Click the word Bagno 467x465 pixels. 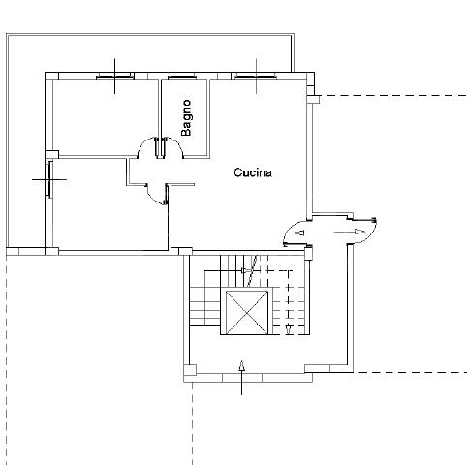(x=186, y=116)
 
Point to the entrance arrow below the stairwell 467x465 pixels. (x=241, y=377)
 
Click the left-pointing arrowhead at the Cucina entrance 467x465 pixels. (x=298, y=233)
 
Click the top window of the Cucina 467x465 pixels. (x=256, y=75)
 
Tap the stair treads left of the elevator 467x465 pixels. (x=206, y=311)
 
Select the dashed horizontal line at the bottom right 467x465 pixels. (x=412, y=372)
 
